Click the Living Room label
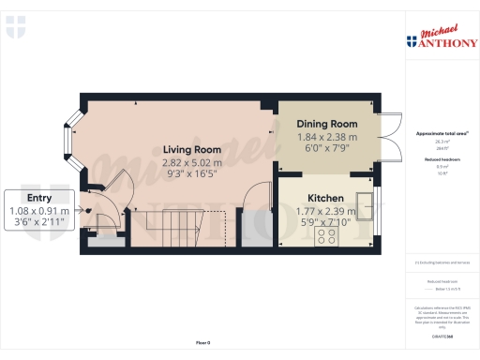click(191, 149)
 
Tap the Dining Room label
click(327, 124)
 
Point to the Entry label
click(39, 198)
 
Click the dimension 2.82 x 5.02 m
click(191, 161)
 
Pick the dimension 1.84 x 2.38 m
click(327, 136)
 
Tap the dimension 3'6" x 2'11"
click(39, 223)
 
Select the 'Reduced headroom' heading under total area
click(441, 160)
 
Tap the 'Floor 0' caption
click(202, 343)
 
